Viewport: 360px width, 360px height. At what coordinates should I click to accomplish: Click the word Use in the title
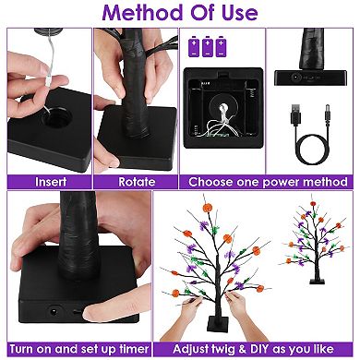click(242, 13)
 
